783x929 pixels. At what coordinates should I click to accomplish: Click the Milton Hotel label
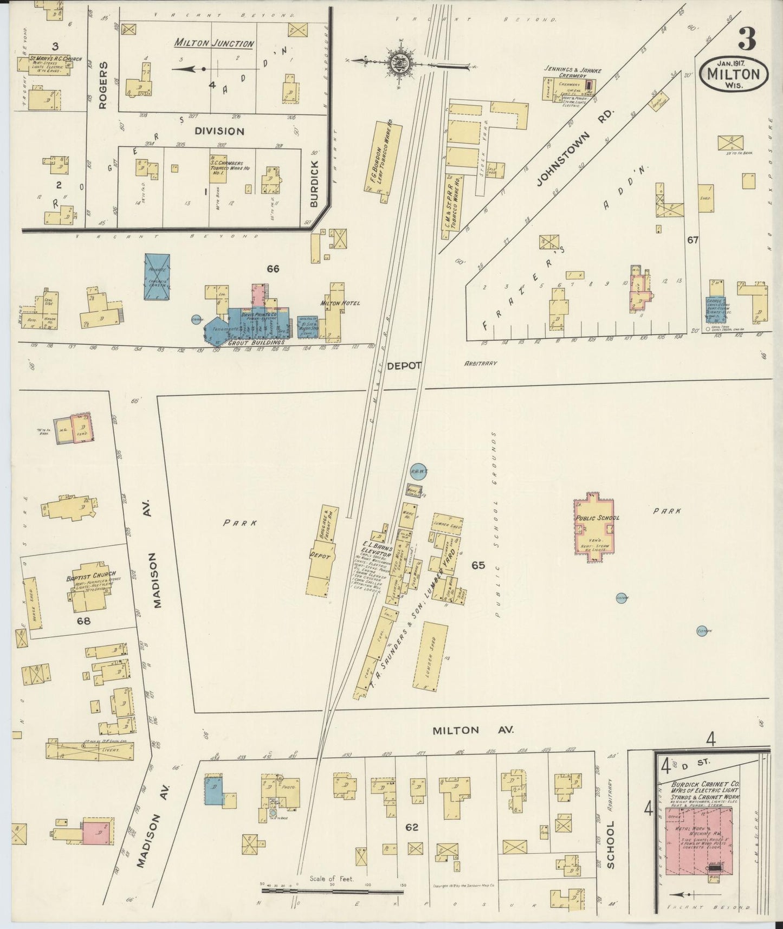coord(340,303)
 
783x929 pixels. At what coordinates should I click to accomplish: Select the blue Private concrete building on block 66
coord(157,276)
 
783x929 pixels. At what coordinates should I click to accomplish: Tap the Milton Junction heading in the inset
coord(214,44)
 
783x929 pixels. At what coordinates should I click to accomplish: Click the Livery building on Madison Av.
coord(90,751)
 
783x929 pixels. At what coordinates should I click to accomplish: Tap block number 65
coord(478,565)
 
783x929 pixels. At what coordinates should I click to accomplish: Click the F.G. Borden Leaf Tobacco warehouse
coord(383,157)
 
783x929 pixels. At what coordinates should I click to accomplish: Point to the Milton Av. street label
coord(455,730)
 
